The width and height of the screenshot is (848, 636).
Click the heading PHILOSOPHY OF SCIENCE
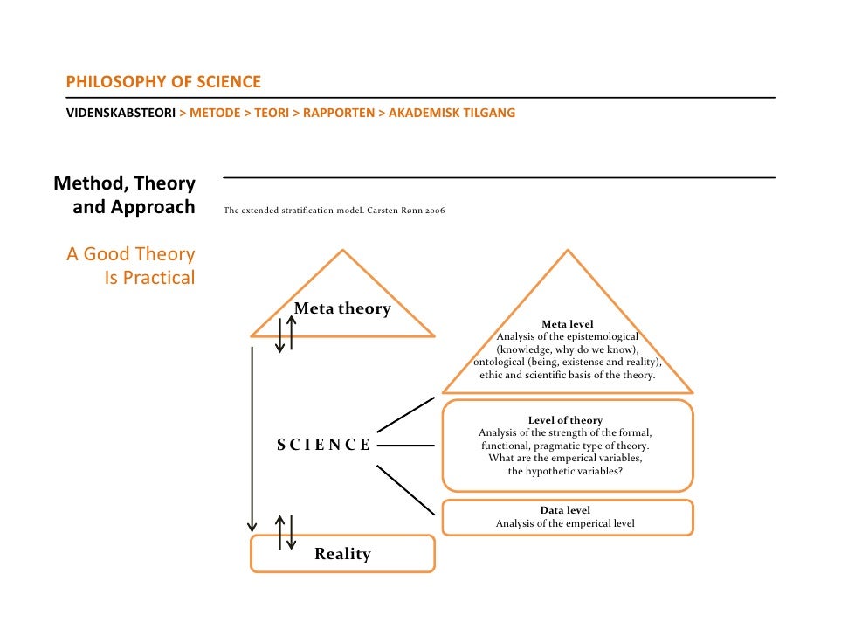point(163,82)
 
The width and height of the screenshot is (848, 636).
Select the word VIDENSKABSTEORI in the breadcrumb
point(121,113)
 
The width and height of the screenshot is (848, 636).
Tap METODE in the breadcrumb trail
point(215,113)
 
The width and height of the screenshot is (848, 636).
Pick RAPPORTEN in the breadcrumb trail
point(339,113)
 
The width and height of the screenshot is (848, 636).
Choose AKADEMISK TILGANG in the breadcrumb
point(452,113)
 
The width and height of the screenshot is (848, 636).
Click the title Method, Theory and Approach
point(125,196)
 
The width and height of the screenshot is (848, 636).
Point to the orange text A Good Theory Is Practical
point(131,266)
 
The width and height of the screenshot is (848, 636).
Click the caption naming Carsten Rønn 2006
point(334,211)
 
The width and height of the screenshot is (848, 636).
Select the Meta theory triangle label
point(342,308)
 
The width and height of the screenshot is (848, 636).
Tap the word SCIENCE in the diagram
point(324,445)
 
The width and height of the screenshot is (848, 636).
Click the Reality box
point(342,554)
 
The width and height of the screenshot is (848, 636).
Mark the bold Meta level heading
point(568,324)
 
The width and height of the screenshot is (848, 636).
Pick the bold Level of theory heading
point(566,420)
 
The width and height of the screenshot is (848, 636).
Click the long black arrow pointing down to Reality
point(252,437)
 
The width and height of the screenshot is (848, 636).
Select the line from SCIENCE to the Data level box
point(405,489)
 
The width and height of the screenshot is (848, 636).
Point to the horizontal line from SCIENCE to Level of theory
point(405,445)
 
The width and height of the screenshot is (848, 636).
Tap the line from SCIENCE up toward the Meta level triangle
point(405,414)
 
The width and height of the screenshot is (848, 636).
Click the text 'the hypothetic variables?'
point(565,471)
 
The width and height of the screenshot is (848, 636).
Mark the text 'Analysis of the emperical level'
point(565,523)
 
